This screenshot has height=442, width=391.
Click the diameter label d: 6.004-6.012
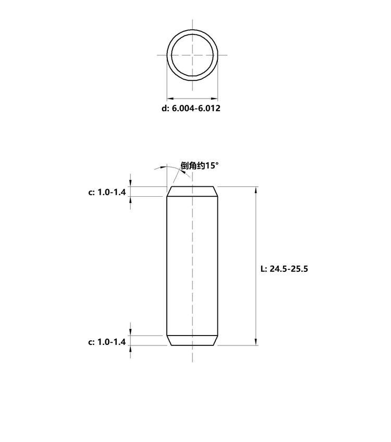[x=191, y=108]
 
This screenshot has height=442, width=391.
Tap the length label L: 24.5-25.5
[x=284, y=269]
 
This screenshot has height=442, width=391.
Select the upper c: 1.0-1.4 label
[x=107, y=192]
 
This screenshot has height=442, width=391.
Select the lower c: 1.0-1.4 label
[x=107, y=342]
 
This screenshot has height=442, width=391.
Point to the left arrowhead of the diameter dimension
[x=170, y=99]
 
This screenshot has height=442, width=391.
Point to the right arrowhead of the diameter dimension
[x=214, y=99]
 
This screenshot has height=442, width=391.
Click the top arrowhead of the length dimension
[x=256, y=190]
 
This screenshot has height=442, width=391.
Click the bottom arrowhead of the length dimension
[x=256, y=342]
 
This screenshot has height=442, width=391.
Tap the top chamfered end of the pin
[x=192, y=192]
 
